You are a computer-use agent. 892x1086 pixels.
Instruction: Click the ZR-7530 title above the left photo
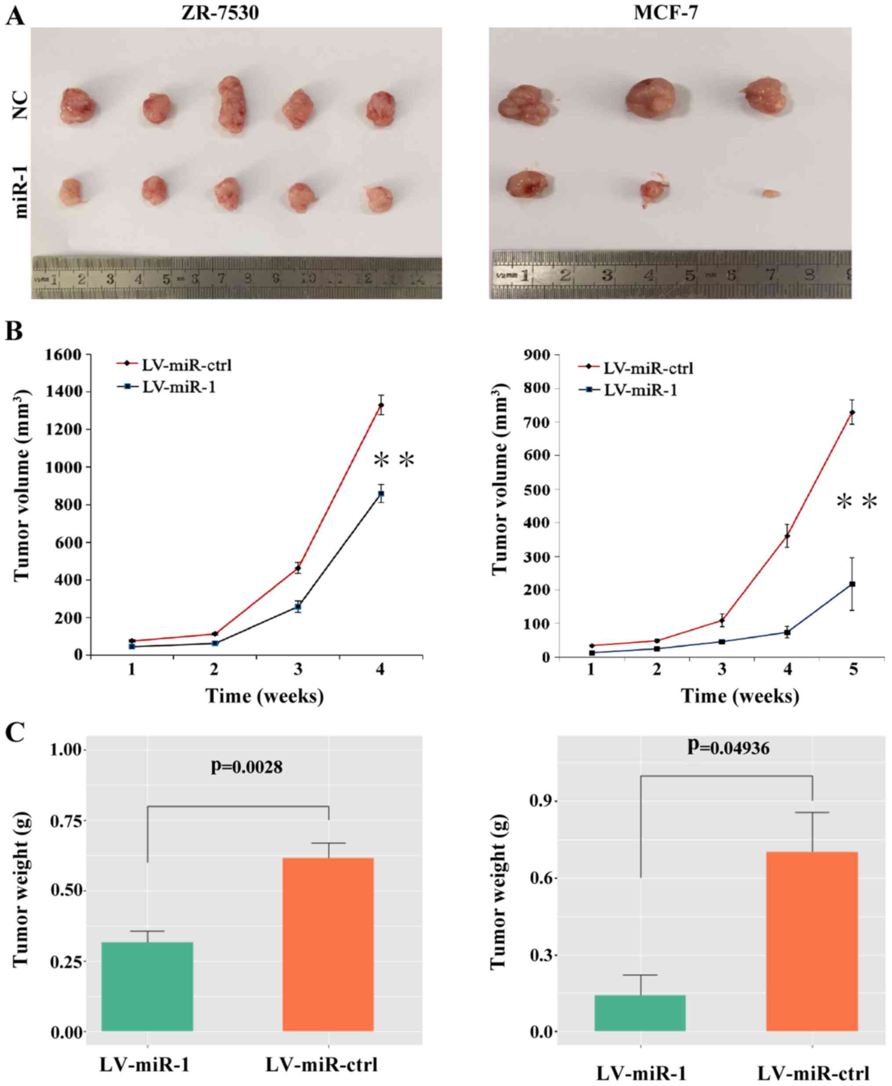click(x=220, y=12)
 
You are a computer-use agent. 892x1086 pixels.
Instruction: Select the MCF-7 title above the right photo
click(x=666, y=12)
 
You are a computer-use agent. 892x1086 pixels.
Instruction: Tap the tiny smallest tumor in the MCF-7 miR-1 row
click(x=771, y=194)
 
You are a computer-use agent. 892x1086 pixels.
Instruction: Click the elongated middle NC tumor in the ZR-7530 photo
click(x=231, y=105)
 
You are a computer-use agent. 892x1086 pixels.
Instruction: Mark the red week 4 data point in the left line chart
click(x=381, y=405)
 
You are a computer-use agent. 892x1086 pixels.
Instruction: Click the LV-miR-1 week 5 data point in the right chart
click(x=852, y=584)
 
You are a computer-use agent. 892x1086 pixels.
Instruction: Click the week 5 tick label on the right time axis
click(x=853, y=671)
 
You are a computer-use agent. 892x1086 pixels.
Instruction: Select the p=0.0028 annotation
click(x=247, y=767)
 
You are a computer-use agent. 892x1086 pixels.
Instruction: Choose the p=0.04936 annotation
click(x=729, y=748)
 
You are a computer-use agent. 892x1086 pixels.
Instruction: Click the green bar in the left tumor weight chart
click(x=148, y=986)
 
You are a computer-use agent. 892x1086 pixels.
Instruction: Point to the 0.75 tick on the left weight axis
click(x=66, y=820)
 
